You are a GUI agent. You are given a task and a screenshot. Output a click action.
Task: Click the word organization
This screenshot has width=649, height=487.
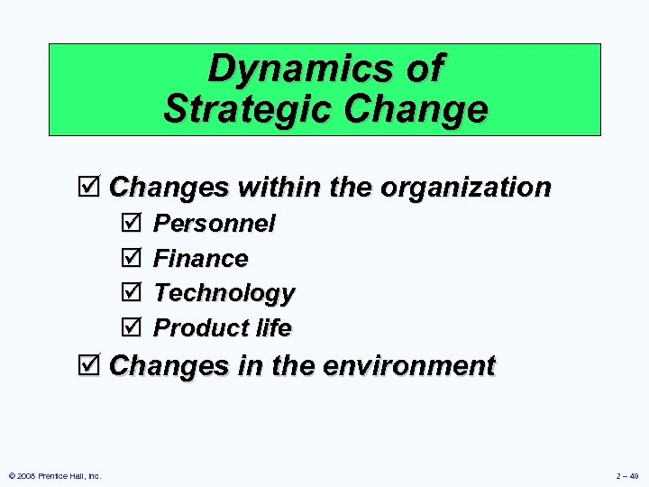pos(466,187)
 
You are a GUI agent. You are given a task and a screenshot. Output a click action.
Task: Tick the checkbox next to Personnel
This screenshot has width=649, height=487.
pos(130,223)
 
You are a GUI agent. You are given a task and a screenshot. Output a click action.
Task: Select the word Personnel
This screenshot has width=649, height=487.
pos(215,223)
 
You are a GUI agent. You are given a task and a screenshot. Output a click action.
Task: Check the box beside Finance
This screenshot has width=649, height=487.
pos(130,258)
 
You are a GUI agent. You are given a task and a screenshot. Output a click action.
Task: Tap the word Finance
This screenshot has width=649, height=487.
pos(201,258)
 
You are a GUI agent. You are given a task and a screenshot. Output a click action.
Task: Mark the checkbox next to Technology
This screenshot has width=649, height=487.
pos(130,293)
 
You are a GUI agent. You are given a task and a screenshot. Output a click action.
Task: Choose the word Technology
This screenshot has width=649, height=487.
pos(224,293)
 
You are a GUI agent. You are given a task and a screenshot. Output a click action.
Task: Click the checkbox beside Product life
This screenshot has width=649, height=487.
pos(130,327)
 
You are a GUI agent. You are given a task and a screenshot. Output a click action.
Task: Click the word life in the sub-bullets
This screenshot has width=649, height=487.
pos(273,327)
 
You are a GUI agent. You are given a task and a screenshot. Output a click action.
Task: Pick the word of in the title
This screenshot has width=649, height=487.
pos(424,69)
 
